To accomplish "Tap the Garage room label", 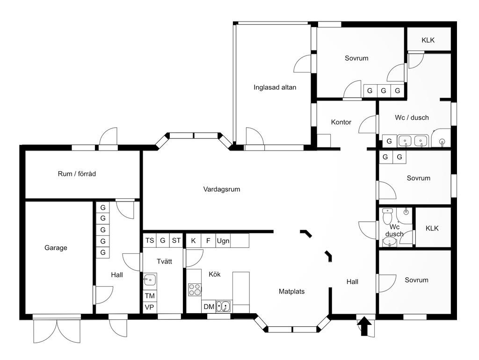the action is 56,248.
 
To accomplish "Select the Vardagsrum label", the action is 221,189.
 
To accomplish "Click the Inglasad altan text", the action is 275,87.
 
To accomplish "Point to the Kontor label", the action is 341,122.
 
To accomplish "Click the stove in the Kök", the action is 195,289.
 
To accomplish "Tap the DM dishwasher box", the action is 209,307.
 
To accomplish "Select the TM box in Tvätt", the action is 150,295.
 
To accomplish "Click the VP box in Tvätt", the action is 150,307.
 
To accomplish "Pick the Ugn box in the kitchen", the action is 223,241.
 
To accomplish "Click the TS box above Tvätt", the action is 150,241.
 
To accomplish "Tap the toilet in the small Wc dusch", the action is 387,216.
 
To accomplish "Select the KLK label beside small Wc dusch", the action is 432,228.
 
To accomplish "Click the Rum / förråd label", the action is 77,174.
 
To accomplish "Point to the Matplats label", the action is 291,291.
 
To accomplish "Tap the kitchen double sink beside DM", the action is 223,306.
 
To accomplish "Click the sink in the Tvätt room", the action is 150,279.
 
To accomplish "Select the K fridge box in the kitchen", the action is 193,241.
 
